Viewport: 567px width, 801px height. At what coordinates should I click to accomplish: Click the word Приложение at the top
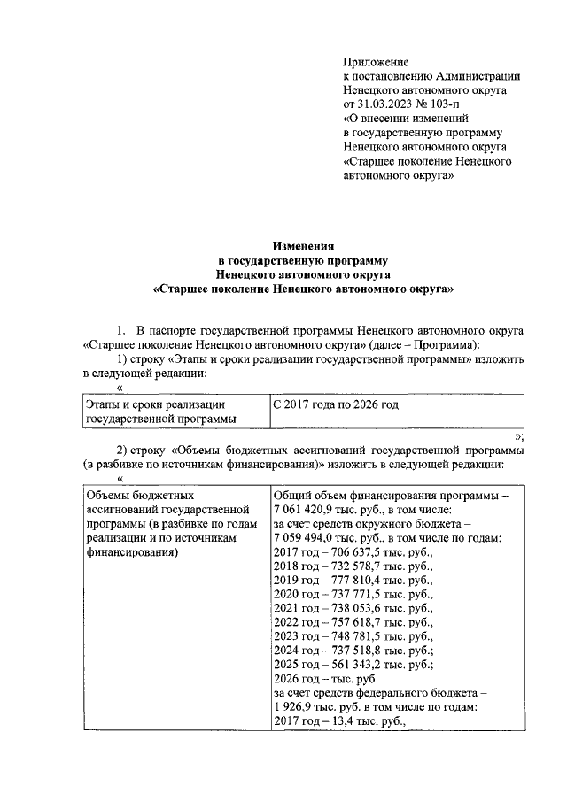coord(376,62)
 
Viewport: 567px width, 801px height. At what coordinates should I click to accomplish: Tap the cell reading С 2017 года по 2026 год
coord(336,404)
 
